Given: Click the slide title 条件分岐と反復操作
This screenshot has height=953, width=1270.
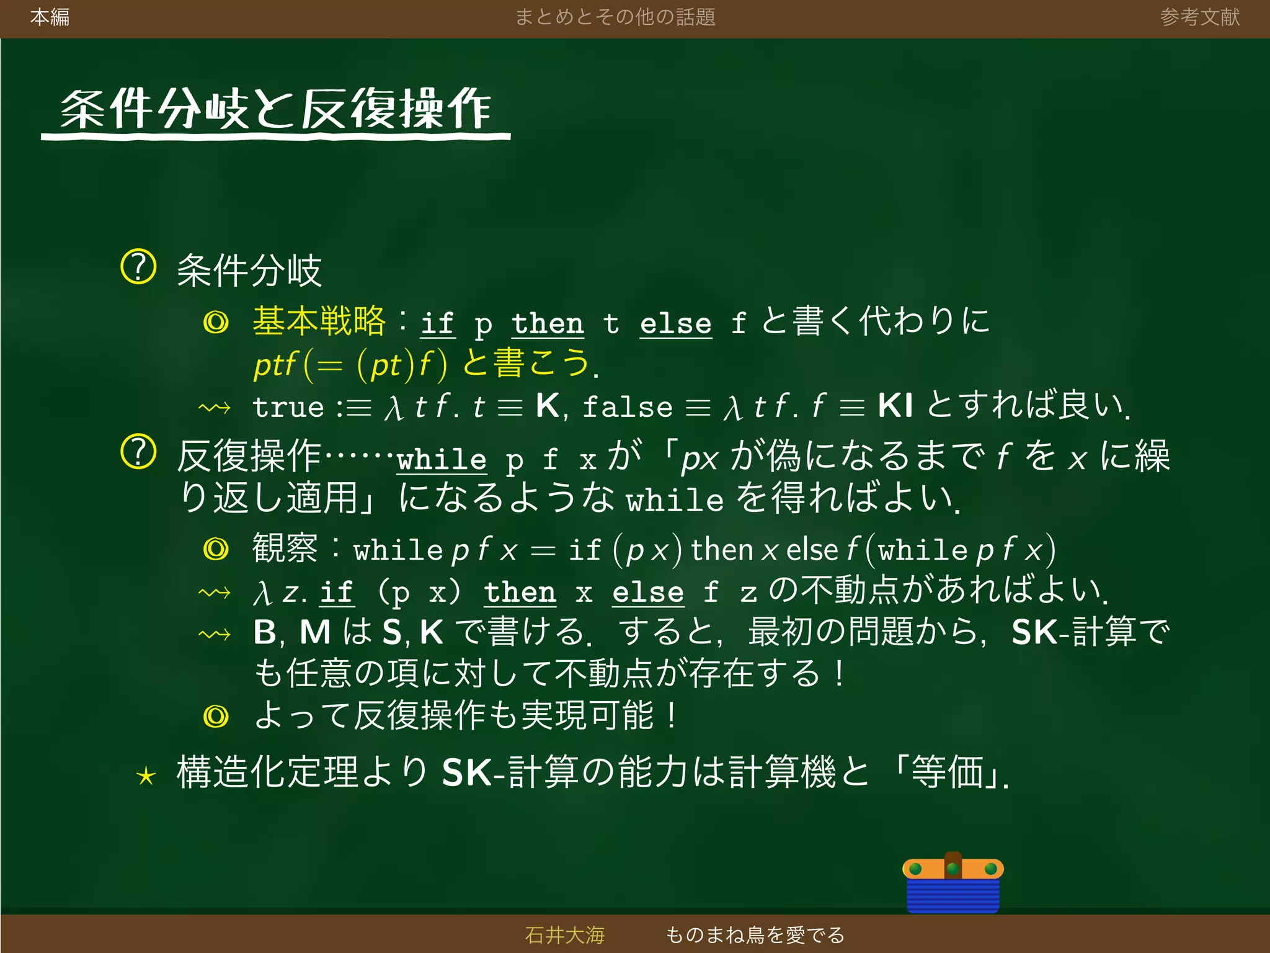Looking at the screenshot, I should (275, 110).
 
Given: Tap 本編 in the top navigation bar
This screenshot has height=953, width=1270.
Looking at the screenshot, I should (50, 17).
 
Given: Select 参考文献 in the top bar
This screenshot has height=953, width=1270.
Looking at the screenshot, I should (1199, 17).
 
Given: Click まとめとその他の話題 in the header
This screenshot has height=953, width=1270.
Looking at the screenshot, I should (615, 17).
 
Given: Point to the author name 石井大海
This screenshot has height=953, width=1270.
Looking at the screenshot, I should (564, 934).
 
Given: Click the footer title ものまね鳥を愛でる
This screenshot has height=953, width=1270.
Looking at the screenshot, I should (755, 934).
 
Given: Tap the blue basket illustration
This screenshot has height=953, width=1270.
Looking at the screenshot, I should (952, 884).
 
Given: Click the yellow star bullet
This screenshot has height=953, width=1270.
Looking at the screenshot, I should (146, 776).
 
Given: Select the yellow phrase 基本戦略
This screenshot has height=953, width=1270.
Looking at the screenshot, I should (319, 321).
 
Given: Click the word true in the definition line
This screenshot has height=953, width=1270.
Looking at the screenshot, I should (288, 408).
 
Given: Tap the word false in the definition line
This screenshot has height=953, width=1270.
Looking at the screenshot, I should (628, 408).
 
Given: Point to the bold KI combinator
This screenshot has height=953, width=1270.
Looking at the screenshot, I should (895, 406).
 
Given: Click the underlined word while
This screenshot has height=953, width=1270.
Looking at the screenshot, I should (442, 460).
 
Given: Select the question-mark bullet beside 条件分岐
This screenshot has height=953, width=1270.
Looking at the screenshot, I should (138, 267).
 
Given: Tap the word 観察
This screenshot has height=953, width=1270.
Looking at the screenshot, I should (285, 548).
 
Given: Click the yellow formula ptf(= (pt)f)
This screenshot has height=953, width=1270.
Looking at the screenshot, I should (350, 365).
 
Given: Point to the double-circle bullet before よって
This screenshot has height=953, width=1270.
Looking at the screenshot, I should (216, 717).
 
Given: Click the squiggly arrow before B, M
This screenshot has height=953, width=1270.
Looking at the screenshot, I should (215, 634).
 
